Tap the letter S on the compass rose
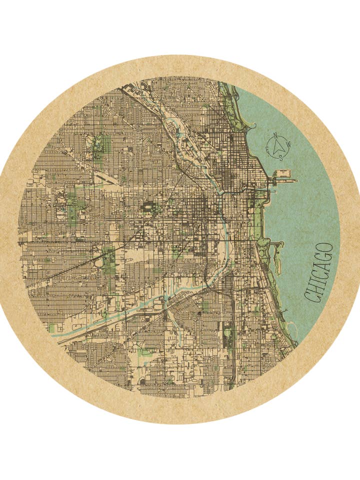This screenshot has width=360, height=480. tap(280, 157)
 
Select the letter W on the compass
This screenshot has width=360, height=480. tap(289, 146)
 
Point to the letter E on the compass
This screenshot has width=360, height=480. tap(268, 148)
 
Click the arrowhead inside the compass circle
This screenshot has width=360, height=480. tap(277, 146)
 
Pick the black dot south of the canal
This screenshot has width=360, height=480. tap(199, 314)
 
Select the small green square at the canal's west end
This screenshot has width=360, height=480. tap(52, 328)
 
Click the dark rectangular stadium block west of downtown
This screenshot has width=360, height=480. tap(148, 207)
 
